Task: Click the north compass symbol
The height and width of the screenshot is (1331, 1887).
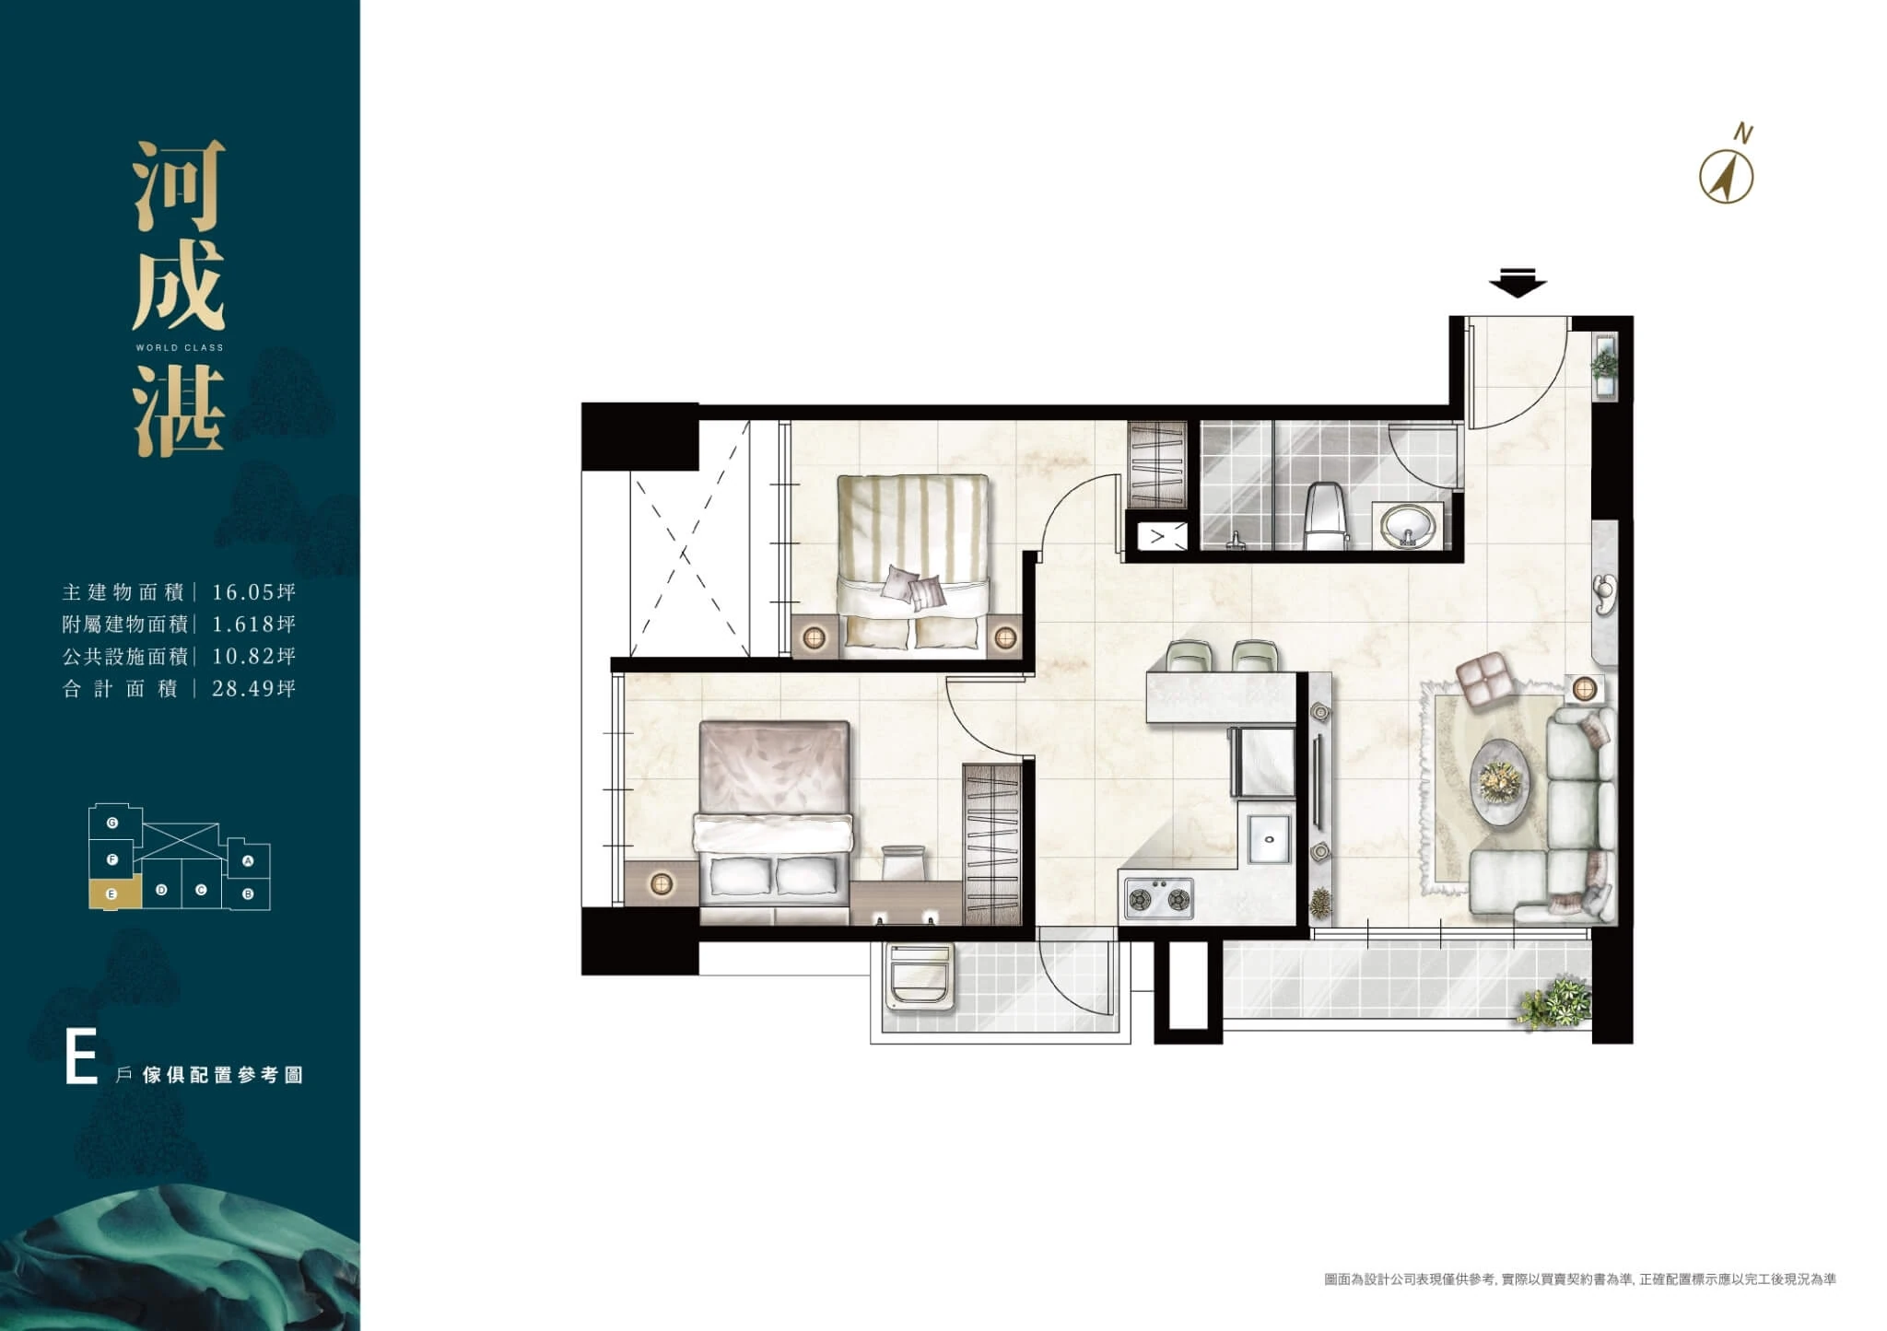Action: point(1726,177)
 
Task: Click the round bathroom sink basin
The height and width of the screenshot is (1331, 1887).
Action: point(1407,526)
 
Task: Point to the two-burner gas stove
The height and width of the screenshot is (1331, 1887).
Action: point(1158,898)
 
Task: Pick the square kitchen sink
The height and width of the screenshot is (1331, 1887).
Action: point(1269,840)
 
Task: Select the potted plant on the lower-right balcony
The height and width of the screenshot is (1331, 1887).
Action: point(1556,1002)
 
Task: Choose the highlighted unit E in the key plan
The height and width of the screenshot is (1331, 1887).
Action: point(114,893)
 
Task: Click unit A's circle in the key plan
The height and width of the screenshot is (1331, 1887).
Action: point(247,862)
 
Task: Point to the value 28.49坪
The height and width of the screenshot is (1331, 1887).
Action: point(253,688)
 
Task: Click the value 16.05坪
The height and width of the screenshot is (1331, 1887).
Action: point(253,592)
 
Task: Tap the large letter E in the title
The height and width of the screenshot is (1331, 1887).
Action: point(81,1059)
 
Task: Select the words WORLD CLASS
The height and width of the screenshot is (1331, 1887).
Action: point(180,348)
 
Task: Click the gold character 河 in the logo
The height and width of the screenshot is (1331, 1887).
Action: point(179,187)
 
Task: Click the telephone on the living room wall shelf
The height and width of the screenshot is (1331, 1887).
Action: point(1604,592)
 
